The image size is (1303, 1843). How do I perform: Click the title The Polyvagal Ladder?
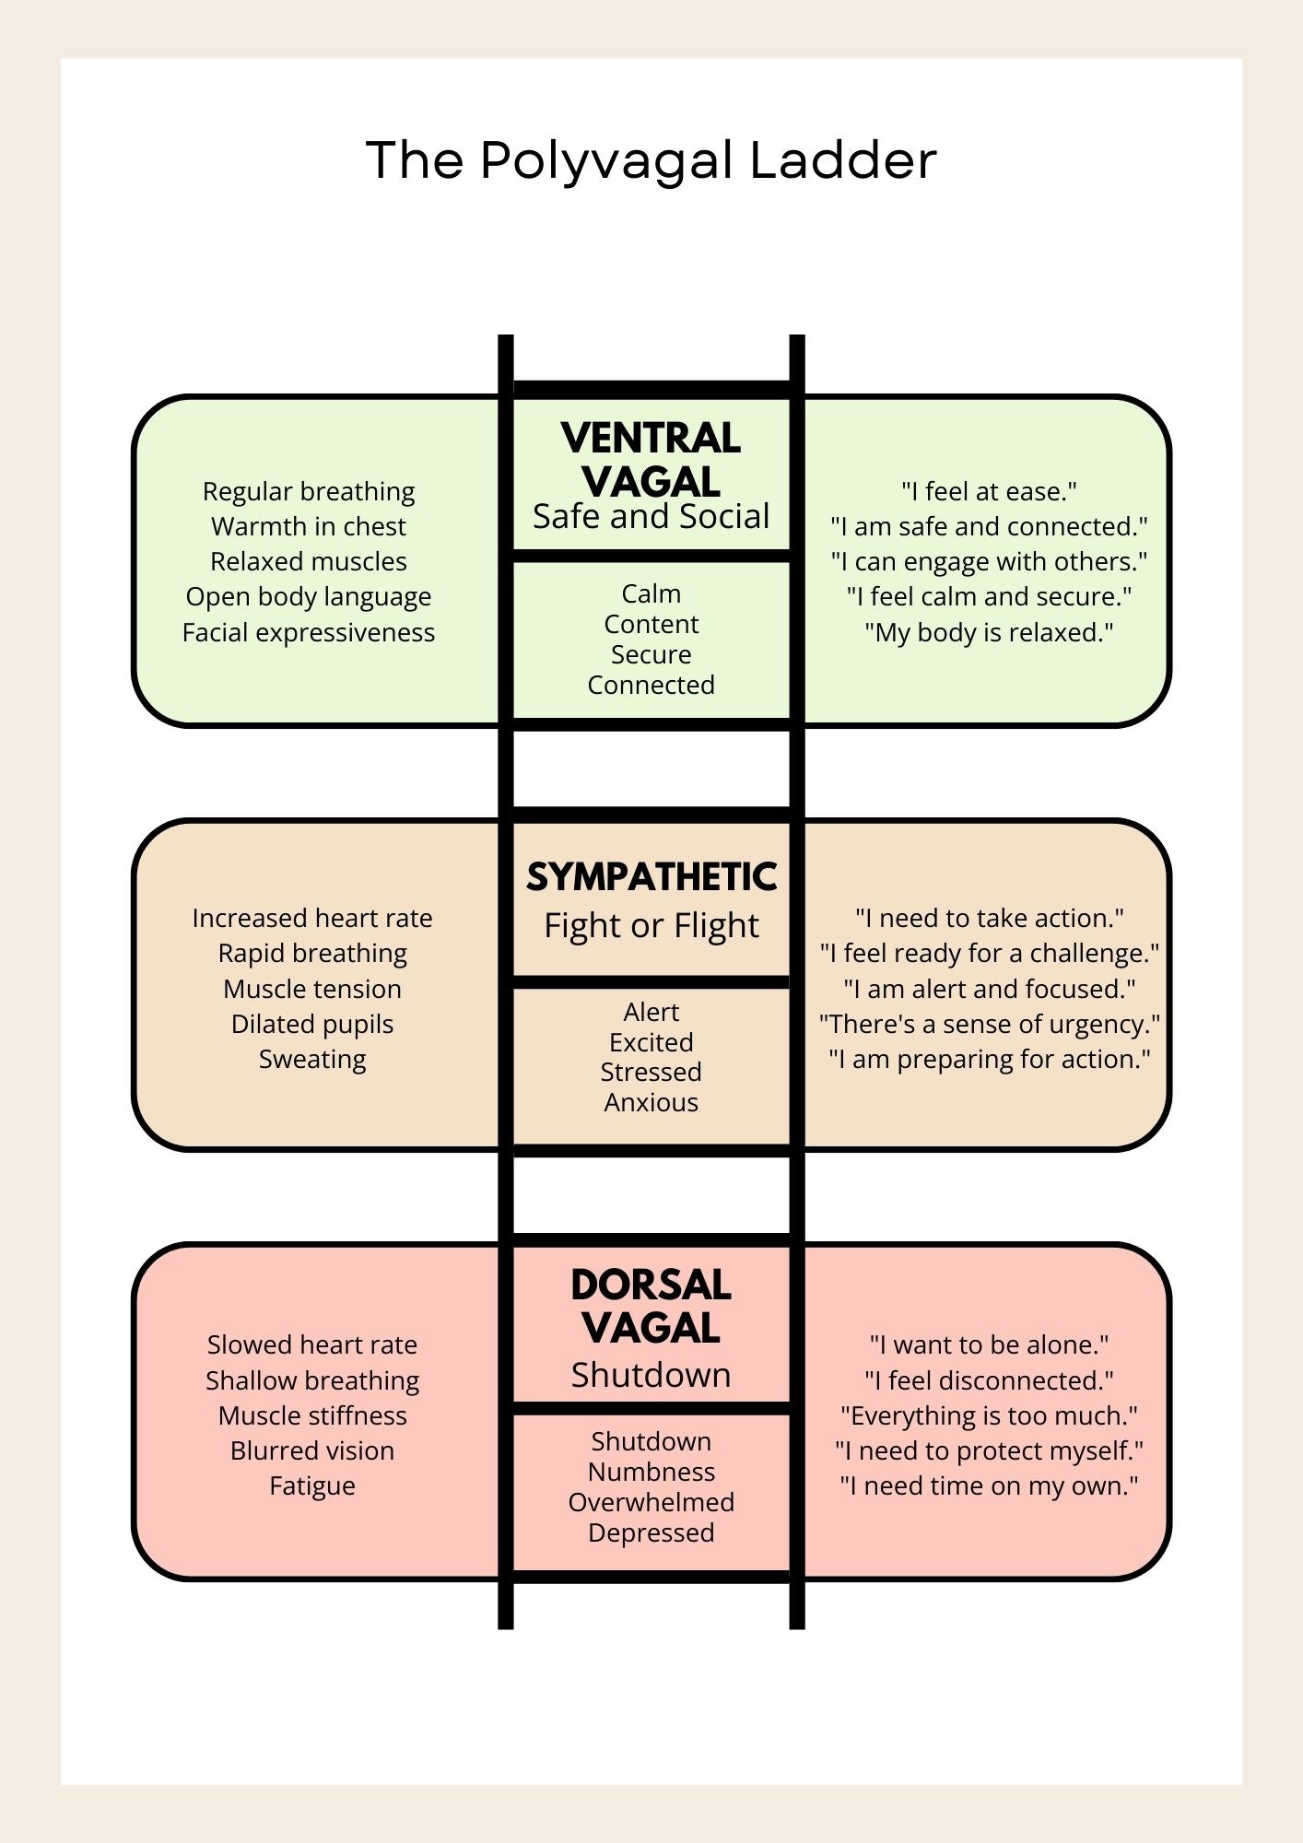click(x=651, y=161)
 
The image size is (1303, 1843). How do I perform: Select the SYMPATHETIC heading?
click(x=651, y=877)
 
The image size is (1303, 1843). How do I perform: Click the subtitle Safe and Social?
click(x=651, y=517)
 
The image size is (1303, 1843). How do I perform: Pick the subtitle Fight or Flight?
click(x=651, y=926)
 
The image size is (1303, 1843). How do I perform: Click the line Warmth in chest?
click(x=309, y=526)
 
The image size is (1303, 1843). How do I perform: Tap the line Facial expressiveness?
click(x=309, y=633)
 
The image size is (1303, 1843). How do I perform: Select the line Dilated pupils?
click(x=312, y=1025)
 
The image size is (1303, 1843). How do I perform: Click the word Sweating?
click(x=312, y=1060)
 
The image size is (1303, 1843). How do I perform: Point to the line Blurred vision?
click(x=312, y=1450)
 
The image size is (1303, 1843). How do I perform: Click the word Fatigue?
click(x=312, y=1486)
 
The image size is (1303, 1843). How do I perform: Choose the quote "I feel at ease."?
click(x=989, y=491)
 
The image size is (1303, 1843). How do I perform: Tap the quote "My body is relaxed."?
click(x=989, y=633)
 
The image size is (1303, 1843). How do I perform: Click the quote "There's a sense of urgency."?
click(x=989, y=1025)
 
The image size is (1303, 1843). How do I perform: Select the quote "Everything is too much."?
click(x=989, y=1415)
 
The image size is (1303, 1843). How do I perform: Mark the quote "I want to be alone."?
click(x=989, y=1344)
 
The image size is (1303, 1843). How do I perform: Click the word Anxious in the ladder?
click(x=651, y=1102)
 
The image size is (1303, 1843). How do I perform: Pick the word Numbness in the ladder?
click(x=651, y=1472)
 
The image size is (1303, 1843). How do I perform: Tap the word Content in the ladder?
click(x=651, y=624)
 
